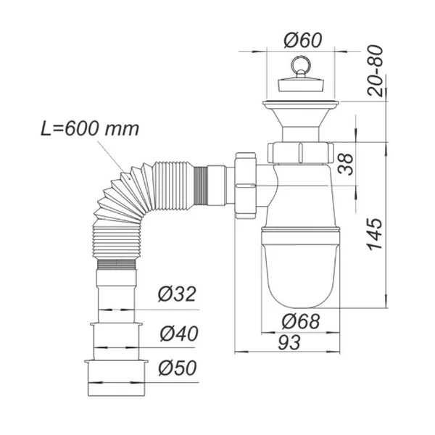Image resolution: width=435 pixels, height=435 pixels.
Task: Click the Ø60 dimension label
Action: coord(302,40)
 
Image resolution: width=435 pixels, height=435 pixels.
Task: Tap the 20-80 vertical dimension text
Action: coord(375,70)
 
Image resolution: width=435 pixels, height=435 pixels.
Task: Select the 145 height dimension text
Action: coord(375,235)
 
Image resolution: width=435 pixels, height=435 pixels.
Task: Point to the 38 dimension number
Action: coord(346,165)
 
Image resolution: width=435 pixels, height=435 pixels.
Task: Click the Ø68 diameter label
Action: coord(301,321)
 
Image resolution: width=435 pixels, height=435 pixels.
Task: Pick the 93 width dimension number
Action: coord(289,342)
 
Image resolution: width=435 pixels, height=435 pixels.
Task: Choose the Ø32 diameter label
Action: coord(177,294)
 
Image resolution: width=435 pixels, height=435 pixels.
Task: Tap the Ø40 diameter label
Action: coord(179,333)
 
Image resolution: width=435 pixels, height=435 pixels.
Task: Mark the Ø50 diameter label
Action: coord(178,368)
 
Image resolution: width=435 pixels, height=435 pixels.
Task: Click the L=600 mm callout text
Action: coord(90,129)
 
